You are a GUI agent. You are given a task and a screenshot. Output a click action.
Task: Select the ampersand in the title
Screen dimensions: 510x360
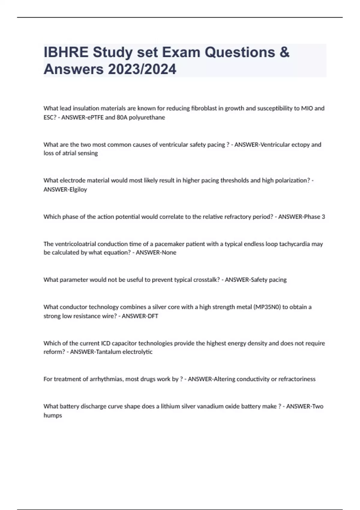click(285, 52)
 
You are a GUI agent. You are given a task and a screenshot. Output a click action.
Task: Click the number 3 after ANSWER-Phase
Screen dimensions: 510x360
click(323, 217)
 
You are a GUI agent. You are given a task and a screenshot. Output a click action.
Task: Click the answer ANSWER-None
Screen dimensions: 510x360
click(156, 253)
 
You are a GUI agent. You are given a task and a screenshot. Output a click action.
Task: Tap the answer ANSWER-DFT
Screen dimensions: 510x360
click(140, 316)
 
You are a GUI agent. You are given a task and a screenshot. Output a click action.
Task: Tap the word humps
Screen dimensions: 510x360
click(53, 415)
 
